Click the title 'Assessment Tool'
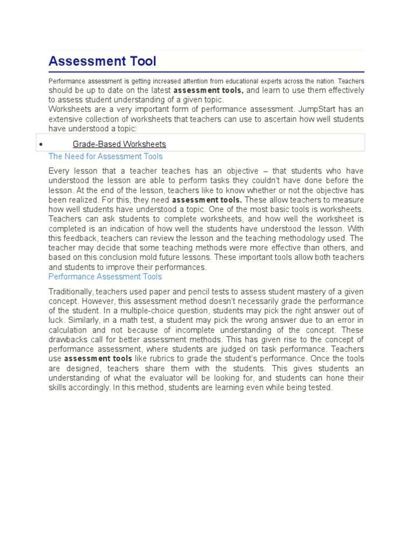point(102,61)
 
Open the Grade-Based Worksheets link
point(119,144)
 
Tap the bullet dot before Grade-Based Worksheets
point(41,145)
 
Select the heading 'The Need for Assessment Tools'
point(105,157)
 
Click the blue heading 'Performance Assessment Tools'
point(105,277)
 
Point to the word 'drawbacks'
point(68,340)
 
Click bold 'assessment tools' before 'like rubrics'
point(98,358)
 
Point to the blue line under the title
point(206,72)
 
